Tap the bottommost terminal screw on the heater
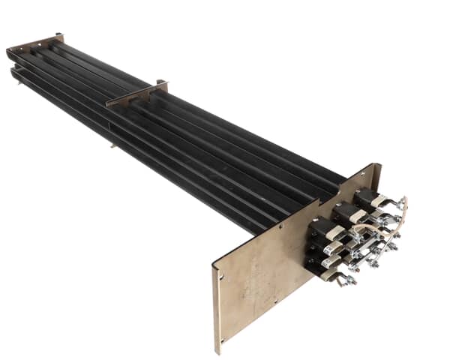pos(346,281)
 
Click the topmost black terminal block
pos(367,196)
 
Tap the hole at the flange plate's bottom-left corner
pos(222,331)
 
